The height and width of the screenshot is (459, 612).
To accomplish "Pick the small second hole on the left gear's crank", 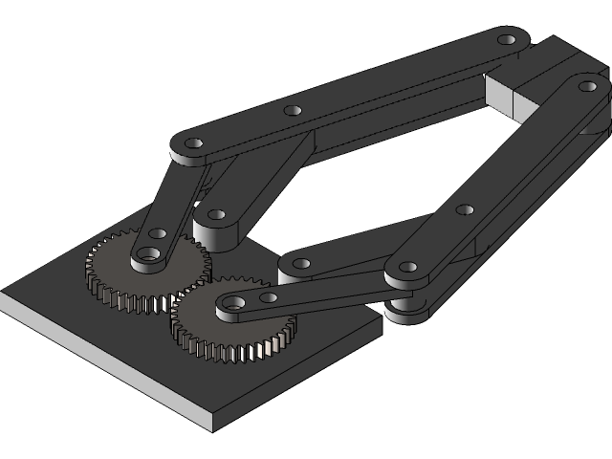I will [158, 233].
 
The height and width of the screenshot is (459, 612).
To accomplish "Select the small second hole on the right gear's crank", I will [269, 297].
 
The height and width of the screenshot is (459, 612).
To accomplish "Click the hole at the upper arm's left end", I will [193, 143].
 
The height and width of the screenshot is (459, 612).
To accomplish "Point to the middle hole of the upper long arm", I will [294, 110].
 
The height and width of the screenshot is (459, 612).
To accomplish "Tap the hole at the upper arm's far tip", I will [506, 41].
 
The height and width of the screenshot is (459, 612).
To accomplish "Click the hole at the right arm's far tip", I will [587, 86].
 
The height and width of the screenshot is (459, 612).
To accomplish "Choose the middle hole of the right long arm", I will [465, 209].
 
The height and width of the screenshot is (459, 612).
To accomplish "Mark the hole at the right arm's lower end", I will [407, 267].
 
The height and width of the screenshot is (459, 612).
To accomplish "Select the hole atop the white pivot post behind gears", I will [216, 215].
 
